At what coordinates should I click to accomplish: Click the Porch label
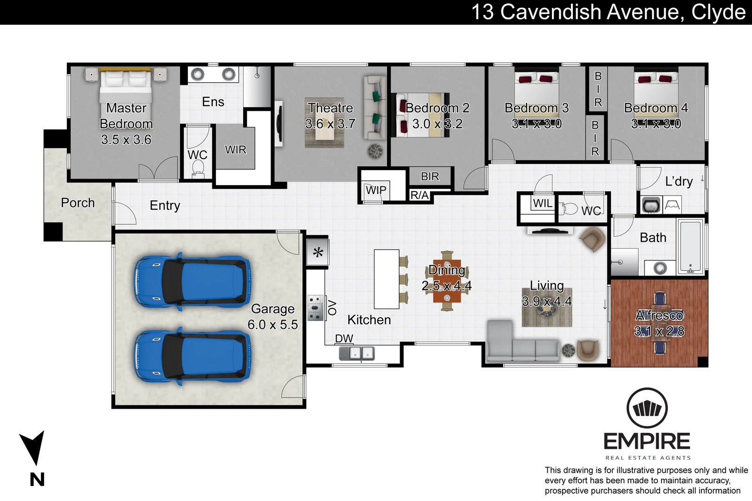78,203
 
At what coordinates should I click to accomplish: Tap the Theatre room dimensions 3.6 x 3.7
330,124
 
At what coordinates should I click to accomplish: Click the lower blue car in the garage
192,356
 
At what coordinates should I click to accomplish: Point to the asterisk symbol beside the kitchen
318,253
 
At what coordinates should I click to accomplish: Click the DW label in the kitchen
344,339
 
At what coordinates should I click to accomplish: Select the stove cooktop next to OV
316,308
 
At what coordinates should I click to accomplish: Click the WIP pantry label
376,190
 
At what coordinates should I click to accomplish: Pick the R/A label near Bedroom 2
419,195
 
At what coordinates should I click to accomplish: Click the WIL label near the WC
542,203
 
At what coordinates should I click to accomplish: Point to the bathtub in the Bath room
690,247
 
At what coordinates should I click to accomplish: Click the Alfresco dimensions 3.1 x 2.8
659,331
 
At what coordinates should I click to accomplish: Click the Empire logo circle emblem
647,409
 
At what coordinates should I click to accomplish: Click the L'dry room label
678,181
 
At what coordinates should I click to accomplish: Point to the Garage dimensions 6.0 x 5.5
272,325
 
